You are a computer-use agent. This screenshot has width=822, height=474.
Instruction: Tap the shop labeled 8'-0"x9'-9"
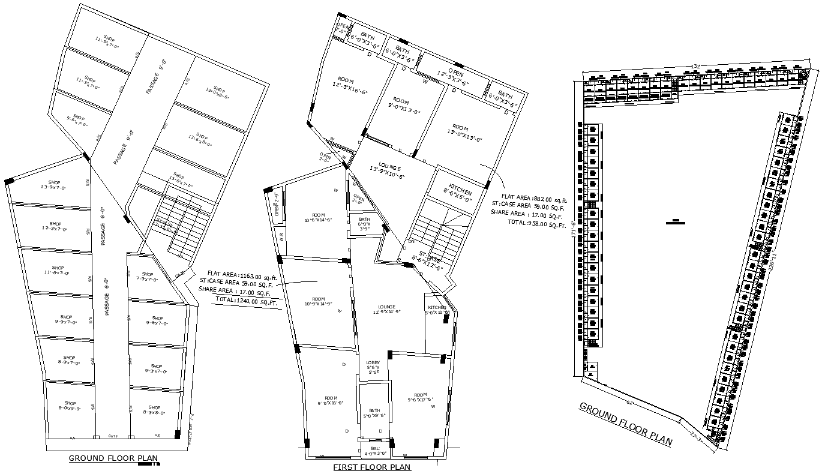[x=70, y=406]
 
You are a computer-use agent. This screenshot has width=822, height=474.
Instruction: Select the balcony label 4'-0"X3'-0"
[x=376, y=451]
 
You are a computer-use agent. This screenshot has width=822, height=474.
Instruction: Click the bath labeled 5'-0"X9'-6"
[x=374, y=413]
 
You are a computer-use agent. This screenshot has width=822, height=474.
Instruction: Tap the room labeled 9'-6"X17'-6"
[x=420, y=399]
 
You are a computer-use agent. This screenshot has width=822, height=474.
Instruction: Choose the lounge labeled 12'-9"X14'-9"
[x=386, y=309]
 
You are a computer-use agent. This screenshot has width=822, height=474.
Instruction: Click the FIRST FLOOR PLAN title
[x=372, y=467]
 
